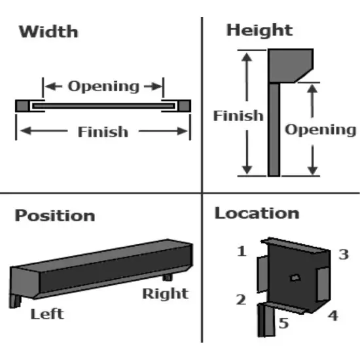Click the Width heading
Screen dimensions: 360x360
pos(48,31)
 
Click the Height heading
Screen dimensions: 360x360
pos(259,31)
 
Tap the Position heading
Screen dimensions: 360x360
pos(54,216)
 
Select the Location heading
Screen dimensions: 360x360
pos(257,213)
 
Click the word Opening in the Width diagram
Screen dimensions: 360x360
pos(103,87)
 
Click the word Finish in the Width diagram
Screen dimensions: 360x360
pos(103,132)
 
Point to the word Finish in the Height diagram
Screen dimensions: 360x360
pos(238,115)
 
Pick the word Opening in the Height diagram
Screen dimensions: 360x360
pos(321,130)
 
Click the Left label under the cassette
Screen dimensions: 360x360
pos(47,314)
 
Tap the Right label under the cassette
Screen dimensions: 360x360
pos(166,294)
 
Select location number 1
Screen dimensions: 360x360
pos(242,251)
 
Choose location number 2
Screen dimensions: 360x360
pos(241,300)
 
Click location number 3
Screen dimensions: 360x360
pos(344,255)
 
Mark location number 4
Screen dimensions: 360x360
pos(333,315)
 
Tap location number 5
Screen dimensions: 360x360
pos(283,323)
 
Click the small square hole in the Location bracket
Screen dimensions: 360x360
pos(295,278)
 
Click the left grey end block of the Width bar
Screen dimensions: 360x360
pos(22,106)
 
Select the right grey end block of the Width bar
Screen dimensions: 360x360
pos(184,106)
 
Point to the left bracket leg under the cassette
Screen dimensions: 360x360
pos(15,301)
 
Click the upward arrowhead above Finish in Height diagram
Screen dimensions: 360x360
pos(247,57)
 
